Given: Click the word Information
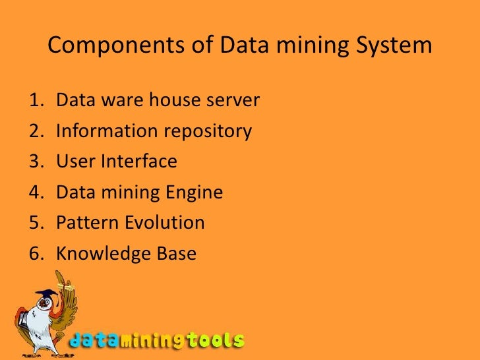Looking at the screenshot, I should point(106,131).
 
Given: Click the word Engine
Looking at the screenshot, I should point(195,193).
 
